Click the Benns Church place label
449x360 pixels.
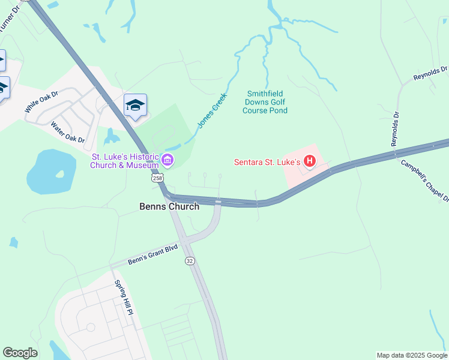coord(169,206)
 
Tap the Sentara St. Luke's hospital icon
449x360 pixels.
coord(310,161)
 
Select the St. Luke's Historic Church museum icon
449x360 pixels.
coord(168,160)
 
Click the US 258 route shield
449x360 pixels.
coord(157,178)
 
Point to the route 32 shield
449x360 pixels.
coord(190,261)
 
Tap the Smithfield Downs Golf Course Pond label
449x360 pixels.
coord(267,102)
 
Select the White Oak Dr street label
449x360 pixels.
coord(41,103)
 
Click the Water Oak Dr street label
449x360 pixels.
coord(67,133)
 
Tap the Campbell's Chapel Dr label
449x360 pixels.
coord(425,181)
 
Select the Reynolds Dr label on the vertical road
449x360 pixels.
coord(395,128)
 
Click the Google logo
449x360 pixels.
coord(20,353)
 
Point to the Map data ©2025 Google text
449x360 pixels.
coord(412,355)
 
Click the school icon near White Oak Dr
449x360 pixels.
coord(135,106)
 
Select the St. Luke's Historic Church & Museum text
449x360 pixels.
coord(125,161)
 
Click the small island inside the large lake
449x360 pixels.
coord(59,175)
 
